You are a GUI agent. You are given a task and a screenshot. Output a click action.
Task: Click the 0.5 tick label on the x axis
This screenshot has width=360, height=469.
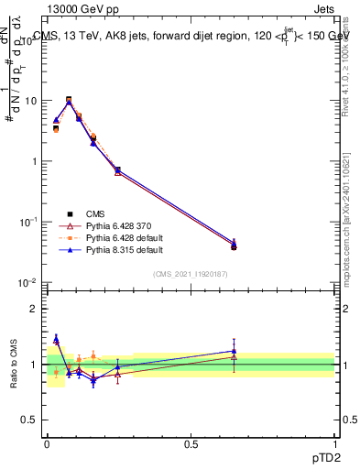pos(191,442)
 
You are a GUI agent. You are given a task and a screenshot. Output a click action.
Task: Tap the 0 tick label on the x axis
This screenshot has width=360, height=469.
pos(47,442)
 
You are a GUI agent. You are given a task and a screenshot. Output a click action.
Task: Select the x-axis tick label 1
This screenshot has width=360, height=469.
pos(334,442)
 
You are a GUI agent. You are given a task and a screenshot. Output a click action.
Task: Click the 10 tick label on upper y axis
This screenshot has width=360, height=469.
pos(30,101)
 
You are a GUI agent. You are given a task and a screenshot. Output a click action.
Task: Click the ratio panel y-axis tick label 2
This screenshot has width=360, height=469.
pos(34,309)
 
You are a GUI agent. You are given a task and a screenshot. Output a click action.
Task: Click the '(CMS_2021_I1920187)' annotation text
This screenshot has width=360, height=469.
pos(191,273)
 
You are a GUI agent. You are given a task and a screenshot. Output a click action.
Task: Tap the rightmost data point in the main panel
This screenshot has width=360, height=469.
pos(234,245)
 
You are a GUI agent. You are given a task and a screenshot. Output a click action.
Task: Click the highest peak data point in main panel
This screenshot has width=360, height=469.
pos(69,100)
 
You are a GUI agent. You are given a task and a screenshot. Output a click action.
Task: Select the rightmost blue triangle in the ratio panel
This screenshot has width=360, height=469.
pos(234,351)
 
